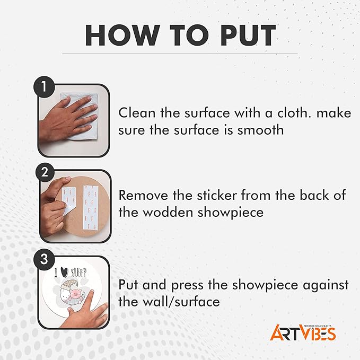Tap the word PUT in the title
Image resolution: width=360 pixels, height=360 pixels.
[248, 35]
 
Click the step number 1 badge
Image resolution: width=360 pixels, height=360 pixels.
[44, 87]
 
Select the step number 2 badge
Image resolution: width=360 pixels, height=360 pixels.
[45, 172]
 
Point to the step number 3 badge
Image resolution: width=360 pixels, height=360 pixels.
[44, 259]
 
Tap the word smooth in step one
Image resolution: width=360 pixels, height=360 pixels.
[260, 130]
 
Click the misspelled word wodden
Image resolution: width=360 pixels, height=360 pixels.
[168, 213]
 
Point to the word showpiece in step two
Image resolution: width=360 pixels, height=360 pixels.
[231, 213]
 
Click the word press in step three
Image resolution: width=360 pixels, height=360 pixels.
[187, 286]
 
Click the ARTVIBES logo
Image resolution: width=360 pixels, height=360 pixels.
[303, 332]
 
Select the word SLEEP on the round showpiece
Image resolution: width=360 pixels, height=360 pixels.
[78, 273]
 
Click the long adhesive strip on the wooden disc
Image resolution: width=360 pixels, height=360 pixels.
[91, 207]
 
